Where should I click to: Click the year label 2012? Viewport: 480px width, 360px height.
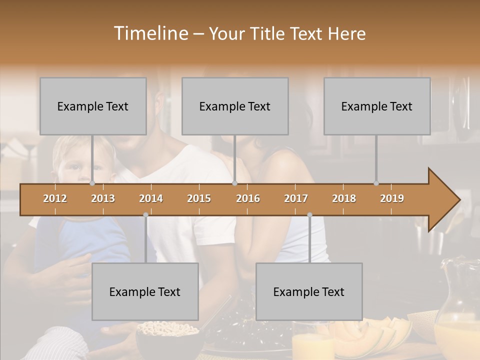(x=55, y=198)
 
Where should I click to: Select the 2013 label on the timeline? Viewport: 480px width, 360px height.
(x=103, y=198)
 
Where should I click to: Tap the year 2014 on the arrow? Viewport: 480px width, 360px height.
(x=151, y=198)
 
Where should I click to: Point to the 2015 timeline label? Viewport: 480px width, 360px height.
(x=199, y=198)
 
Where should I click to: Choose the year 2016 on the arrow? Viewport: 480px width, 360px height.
(x=248, y=198)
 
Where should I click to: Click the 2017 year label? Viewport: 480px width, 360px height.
(x=296, y=198)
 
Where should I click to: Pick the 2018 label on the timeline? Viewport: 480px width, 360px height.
(x=344, y=198)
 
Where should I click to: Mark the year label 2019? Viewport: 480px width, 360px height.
(x=392, y=198)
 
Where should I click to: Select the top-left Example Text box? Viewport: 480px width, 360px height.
(x=93, y=106)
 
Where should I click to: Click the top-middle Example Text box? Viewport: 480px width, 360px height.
(x=235, y=106)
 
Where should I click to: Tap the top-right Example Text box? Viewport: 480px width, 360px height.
(x=377, y=106)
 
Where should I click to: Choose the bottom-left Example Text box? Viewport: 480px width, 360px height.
(x=145, y=291)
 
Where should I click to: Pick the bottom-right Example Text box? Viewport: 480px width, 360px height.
(x=309, y=291)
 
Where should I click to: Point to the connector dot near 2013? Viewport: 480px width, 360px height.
(x=92, y=183)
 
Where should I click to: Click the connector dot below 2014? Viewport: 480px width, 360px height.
(x=145, y=215)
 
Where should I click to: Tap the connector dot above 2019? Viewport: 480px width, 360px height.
(x=376, y=183)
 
